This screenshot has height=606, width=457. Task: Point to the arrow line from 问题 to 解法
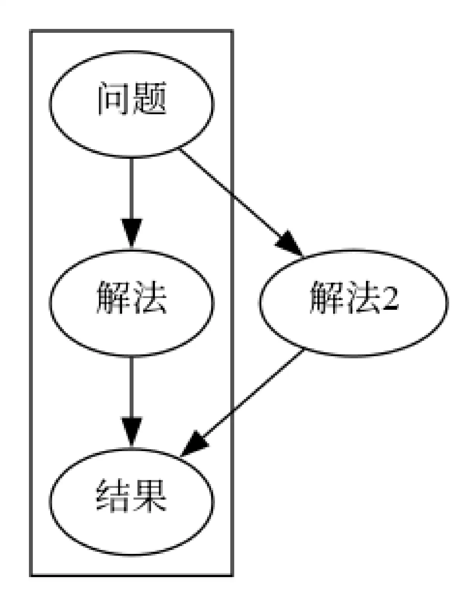pos(131,189)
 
